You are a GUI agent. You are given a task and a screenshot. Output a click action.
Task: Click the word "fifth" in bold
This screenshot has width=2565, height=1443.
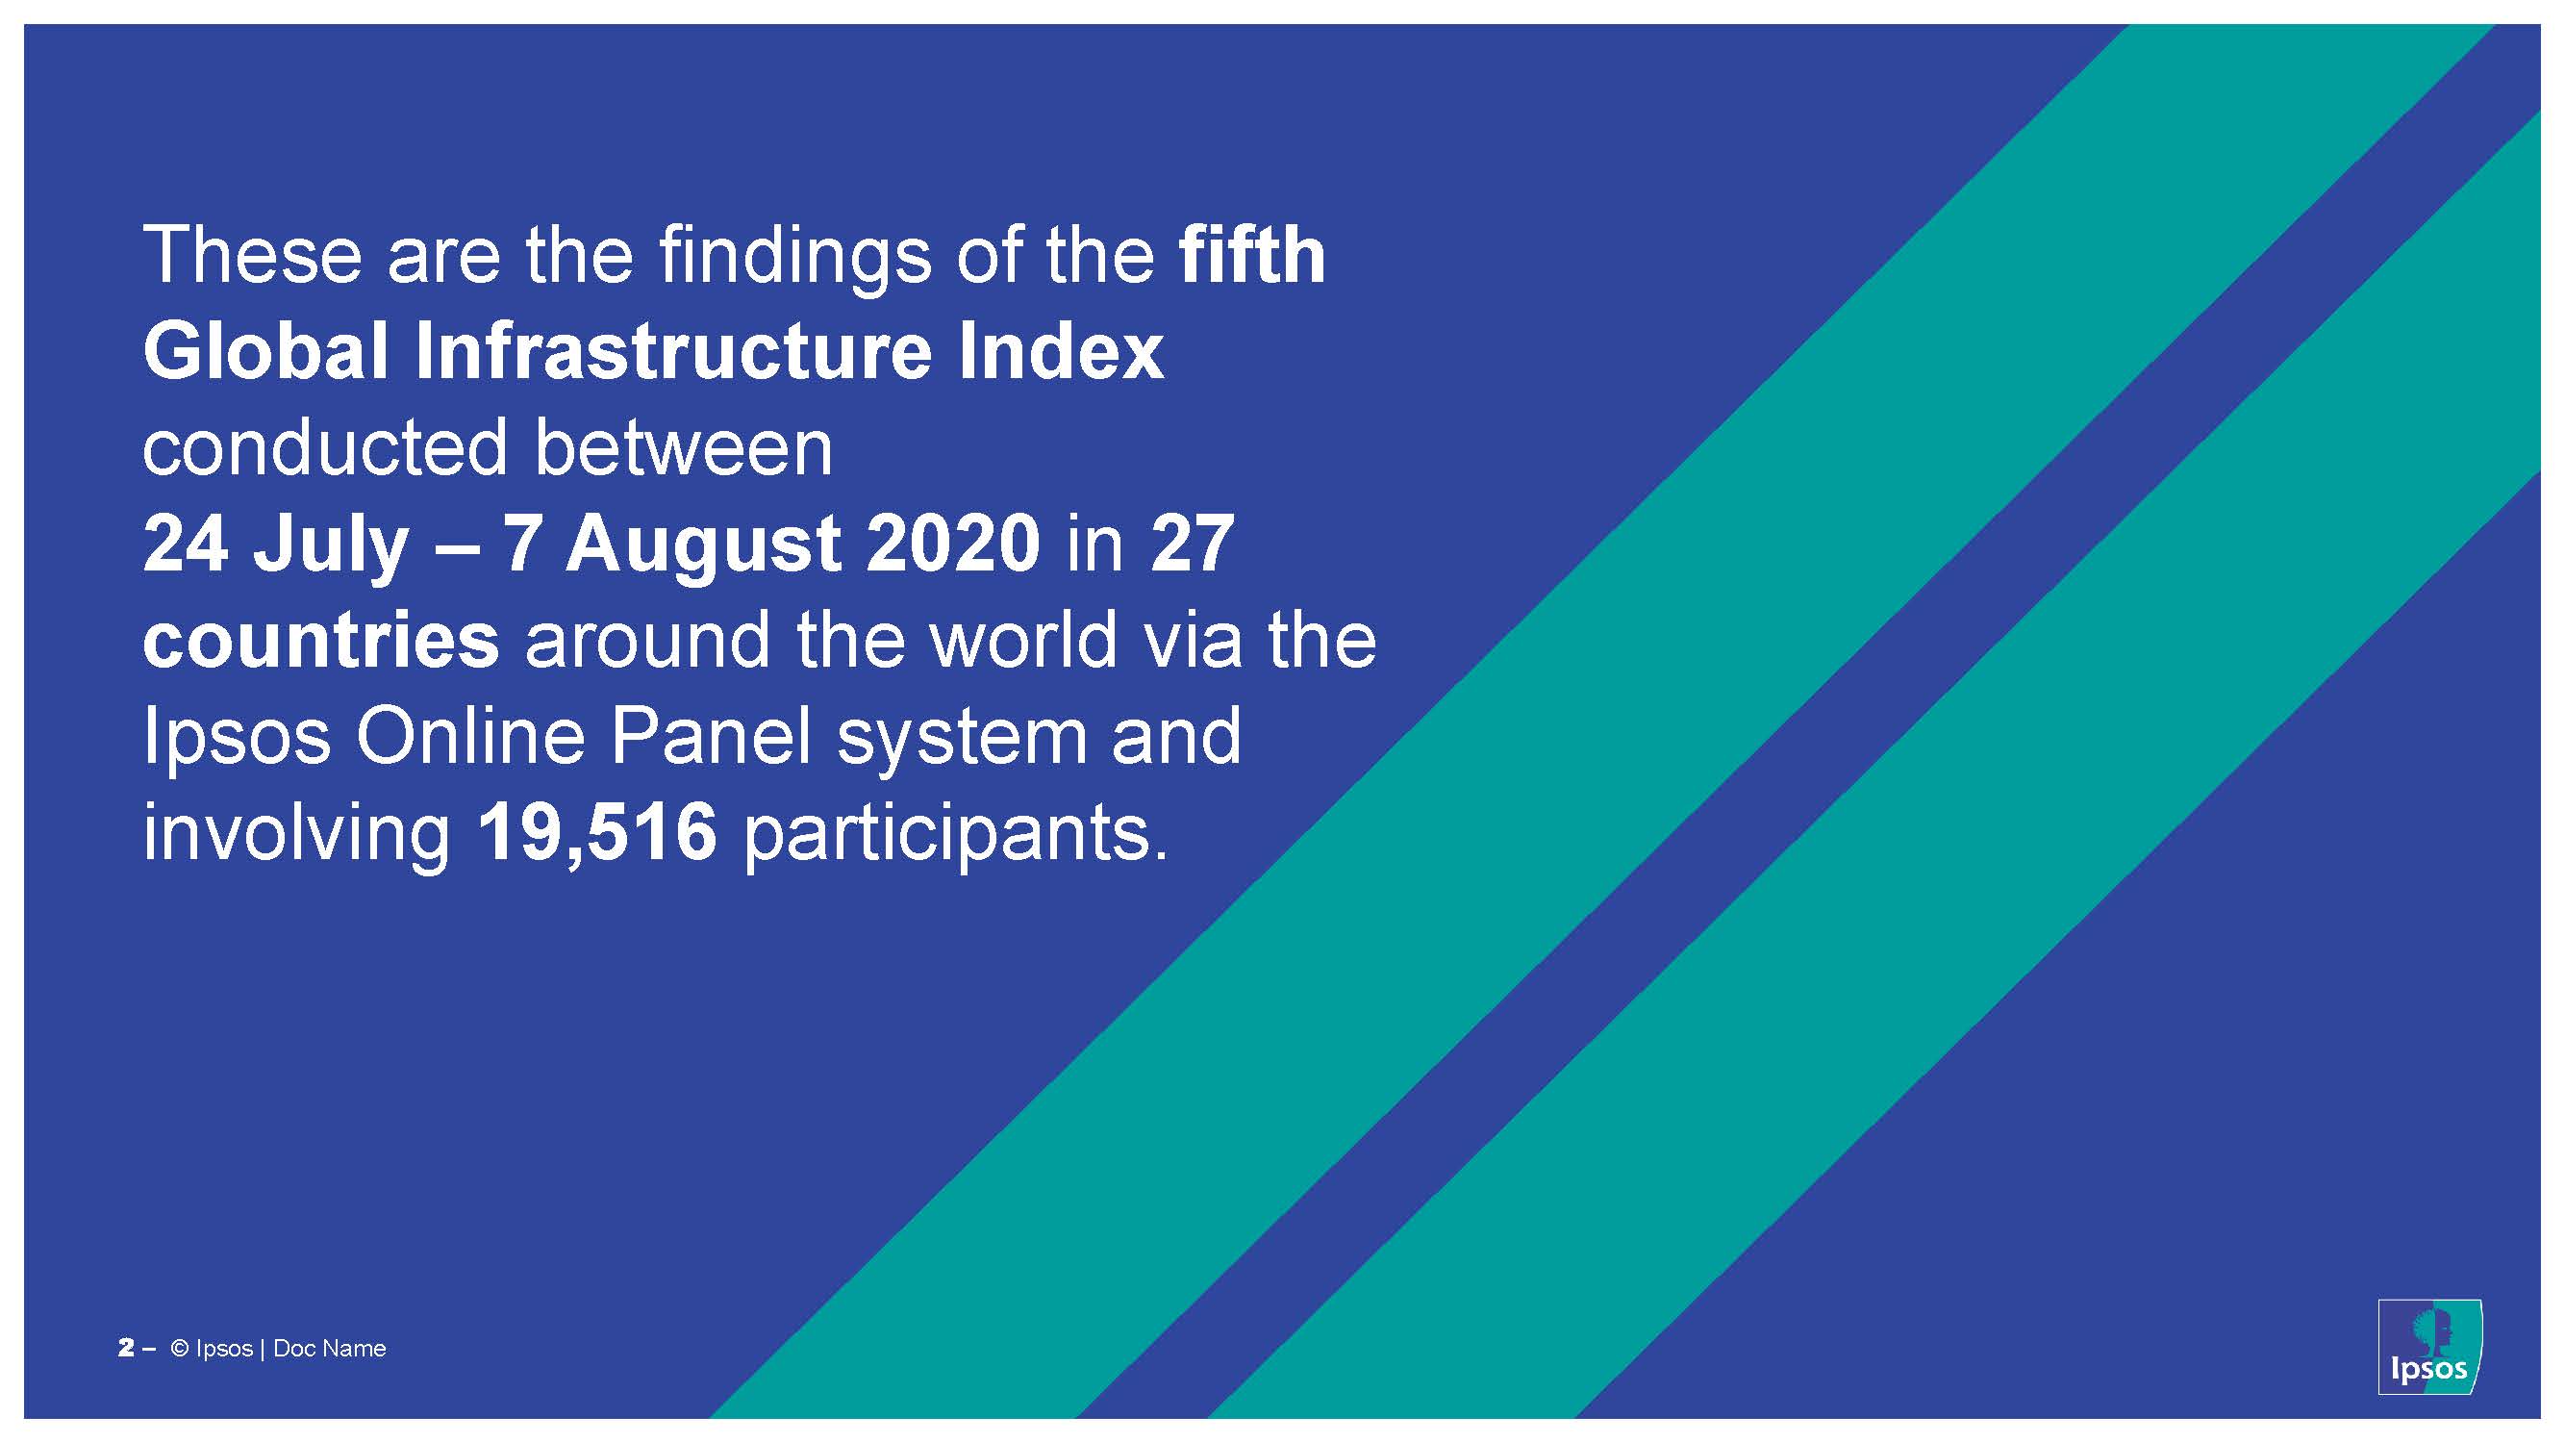coord(1251,255)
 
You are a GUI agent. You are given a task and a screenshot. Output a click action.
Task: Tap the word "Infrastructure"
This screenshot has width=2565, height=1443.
coord(673,350)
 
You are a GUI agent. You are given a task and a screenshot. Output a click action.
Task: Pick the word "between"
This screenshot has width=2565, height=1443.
coord(683,447)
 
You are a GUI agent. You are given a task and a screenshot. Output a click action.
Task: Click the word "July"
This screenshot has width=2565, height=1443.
coord(331,545)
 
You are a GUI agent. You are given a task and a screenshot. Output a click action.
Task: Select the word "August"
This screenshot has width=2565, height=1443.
coord(703,545)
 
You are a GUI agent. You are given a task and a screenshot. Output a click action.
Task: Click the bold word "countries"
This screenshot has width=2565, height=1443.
coord(320,641)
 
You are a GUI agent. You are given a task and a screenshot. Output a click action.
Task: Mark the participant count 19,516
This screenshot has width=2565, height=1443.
coord(597,833)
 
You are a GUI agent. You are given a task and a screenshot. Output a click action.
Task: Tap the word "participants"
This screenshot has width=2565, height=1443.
coord(956,837)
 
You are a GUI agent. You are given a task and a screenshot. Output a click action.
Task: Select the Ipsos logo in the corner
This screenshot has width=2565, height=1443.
coord(2428,1347)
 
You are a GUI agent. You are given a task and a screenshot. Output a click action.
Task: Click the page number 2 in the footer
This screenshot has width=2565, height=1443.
coord(125,1349)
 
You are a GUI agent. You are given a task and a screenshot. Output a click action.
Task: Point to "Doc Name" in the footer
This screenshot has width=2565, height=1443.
coord(330,1349)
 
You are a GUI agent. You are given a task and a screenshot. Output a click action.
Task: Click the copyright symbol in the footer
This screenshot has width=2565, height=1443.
coord(180,1349)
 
